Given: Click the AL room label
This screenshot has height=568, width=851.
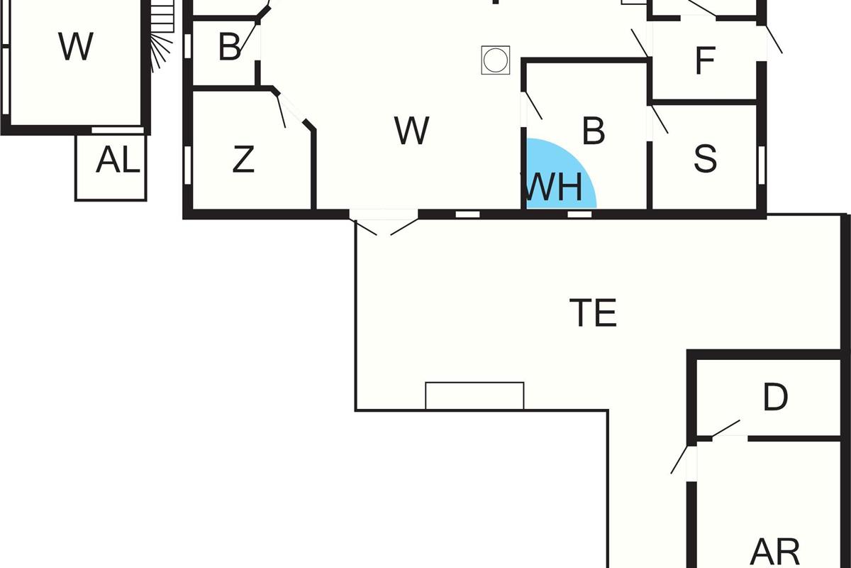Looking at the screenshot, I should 118,162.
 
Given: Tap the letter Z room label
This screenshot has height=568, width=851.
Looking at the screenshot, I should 243,160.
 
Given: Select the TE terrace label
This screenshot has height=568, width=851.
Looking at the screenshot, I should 593,313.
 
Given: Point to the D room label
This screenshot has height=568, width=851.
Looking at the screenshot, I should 775,398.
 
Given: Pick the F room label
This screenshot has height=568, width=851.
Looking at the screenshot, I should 704,61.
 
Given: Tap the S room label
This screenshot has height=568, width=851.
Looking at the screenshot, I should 705,159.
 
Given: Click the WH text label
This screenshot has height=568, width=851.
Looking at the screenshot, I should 554,188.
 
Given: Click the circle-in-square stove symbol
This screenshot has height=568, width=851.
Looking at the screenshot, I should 496,60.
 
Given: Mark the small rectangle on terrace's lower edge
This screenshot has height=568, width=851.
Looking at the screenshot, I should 474,396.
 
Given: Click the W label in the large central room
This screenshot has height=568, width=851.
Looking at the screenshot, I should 411,131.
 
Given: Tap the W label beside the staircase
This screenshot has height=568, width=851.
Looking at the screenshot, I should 76,48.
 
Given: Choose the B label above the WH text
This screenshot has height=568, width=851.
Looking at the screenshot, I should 593,131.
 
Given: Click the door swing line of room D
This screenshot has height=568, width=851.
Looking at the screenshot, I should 726,428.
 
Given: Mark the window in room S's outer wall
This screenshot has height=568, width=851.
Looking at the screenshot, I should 761,165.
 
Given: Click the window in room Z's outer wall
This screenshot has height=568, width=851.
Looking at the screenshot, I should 188,165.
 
